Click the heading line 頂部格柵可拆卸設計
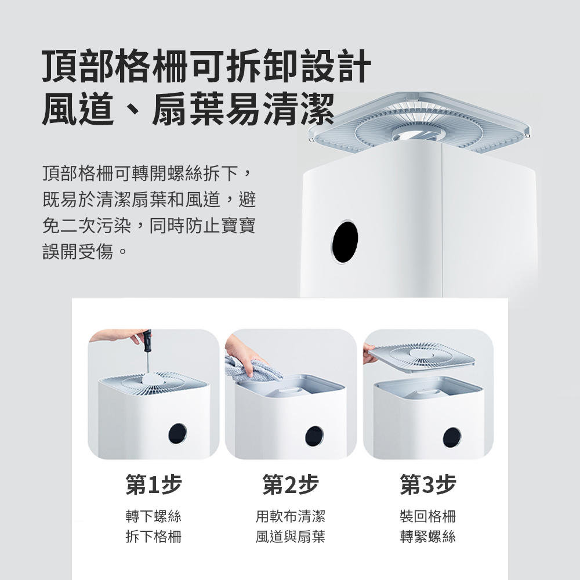(x=206, y=66)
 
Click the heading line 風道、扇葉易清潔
(x=188, y=108)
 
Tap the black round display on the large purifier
(x=345, y=241)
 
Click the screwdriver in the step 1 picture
(x=147, y=350)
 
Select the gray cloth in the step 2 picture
(x=252, y=369)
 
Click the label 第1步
(x=154, y=484)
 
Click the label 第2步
(x=291, y=484)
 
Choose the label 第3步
(x=427, y=484)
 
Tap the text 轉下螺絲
(x=154, y=516)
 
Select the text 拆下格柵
(x=154, y=536)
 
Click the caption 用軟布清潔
(x=291, y=516)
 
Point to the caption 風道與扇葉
(x=291, y=536)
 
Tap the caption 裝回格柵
(x=427, y=516)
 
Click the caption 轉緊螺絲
(x=427, y=536)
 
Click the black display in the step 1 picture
(x=177, y=433)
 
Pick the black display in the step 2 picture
(x=314, y=436)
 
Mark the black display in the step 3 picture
(x=452, y=437)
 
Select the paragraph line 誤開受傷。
(x=85, y=252)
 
